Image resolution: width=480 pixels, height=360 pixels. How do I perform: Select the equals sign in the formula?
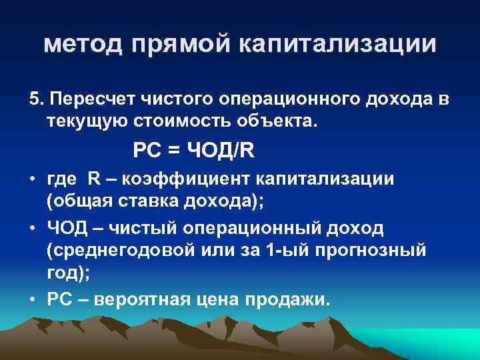pos(173,151)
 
